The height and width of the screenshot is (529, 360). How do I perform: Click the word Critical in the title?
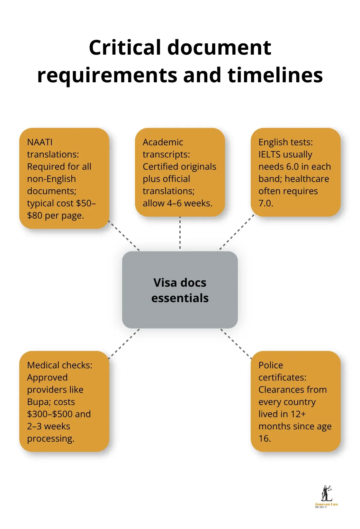(x=125, y=48)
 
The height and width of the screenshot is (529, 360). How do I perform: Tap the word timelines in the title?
(x=275, y=75)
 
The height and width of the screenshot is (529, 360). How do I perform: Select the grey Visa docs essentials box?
(x=180, y=290)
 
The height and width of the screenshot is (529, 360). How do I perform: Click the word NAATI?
(x=40, y=142)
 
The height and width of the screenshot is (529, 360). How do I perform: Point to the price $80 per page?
(x=55, y=215)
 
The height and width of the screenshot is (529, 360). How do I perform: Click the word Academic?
(x=163, y=142)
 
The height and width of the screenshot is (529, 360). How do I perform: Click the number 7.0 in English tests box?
(x=265, y=203)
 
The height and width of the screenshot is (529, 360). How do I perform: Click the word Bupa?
(x=39, y=402)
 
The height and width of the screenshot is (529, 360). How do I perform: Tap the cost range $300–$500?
(x=50, y=414)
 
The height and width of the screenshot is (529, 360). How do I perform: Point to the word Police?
(x=271, y=365)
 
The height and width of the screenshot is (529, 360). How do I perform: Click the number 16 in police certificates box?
(x=264, y=438)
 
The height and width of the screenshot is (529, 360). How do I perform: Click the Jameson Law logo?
(x=326, y=497)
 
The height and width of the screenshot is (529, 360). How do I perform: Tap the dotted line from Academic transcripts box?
(x=180, y=233)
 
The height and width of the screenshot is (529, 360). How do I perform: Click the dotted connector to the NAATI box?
(x=124, y=236)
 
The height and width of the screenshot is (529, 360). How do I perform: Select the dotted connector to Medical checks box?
(x=124, y=344)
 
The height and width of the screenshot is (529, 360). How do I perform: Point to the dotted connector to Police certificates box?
(x=236, y=344)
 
